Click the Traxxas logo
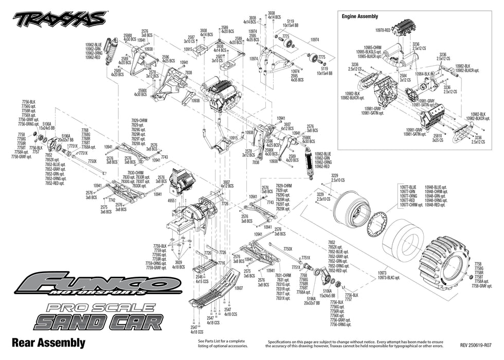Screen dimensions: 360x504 pyautogui.click(x=59, y=19)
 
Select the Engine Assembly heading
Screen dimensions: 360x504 pyautogui.click(x=360, y=16)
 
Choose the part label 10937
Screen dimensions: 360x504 pyautogui.click(x=239, y=289)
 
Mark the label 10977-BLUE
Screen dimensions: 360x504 pyautogui.click(x=408, y=187)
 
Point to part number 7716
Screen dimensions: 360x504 pyautogui.click(x=222, y=263)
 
